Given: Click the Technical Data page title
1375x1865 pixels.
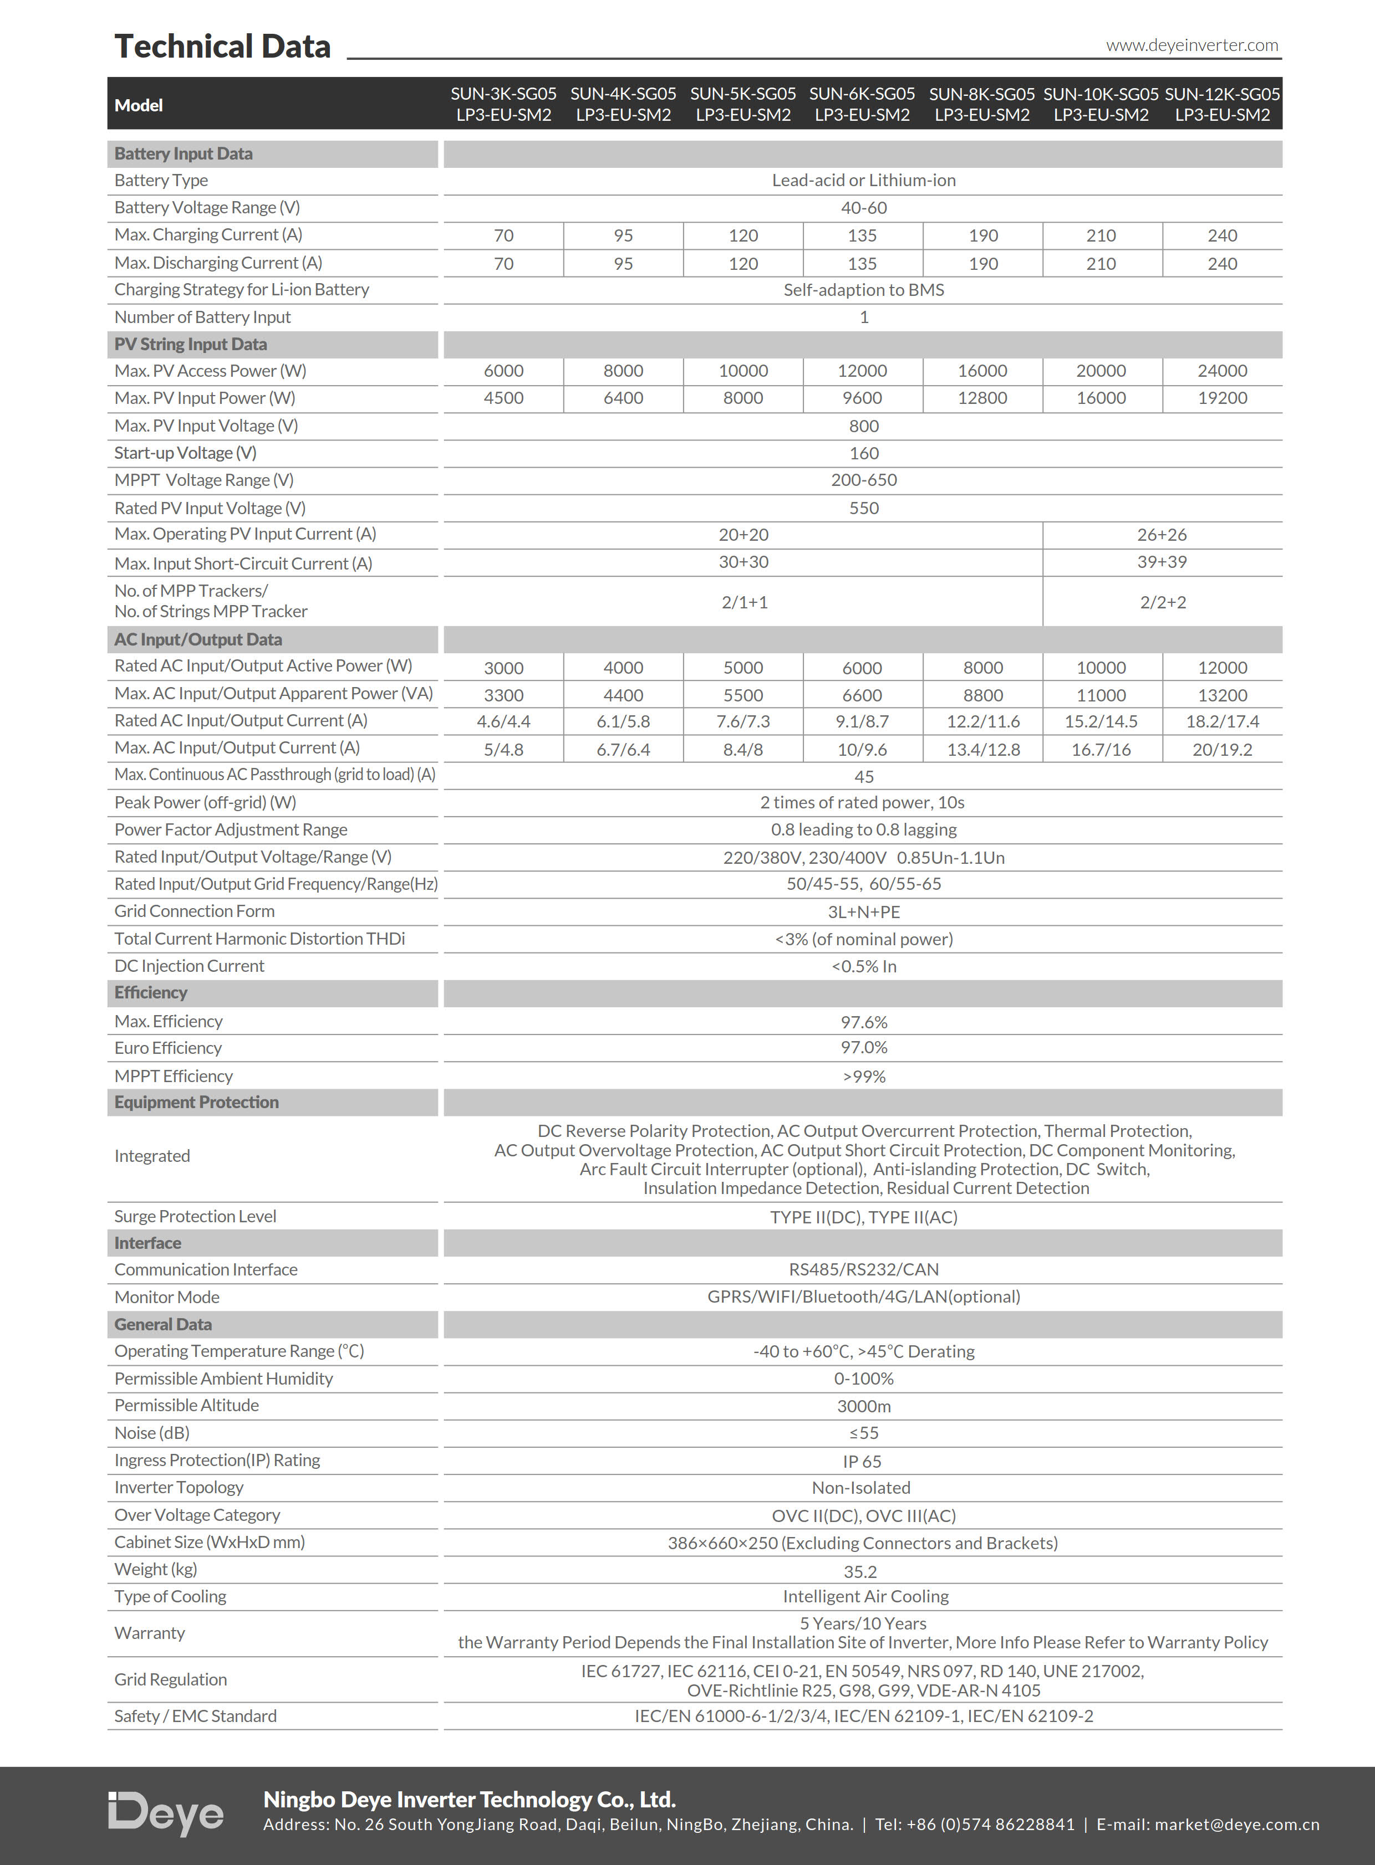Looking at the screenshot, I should (x=222, y=47).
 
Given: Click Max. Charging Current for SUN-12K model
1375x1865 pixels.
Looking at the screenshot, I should (x=1222, y=236).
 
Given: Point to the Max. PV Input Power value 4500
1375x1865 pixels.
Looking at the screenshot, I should (x=503, y=398).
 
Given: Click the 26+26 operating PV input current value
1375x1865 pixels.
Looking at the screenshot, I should (x=1162, y=535).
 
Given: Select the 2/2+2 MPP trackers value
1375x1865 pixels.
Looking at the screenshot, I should (x=1163, y=602).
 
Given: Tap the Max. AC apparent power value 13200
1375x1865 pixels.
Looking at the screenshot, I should (x=1222, y=695).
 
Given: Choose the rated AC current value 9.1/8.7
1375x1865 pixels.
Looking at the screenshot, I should (x=862, y=722).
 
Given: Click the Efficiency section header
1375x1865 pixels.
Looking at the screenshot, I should (x=151, y=992).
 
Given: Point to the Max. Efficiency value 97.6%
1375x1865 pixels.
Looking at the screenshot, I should (x=864, y=1022).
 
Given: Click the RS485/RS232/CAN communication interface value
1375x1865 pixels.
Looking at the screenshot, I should (x=864, y=1269).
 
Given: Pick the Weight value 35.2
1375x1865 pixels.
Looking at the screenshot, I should (x=860, y=1571).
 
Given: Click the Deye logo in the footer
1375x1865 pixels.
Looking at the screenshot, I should (x=166, y=1813).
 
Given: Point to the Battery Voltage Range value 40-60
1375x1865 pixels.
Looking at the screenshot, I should (x=864, y=208).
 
